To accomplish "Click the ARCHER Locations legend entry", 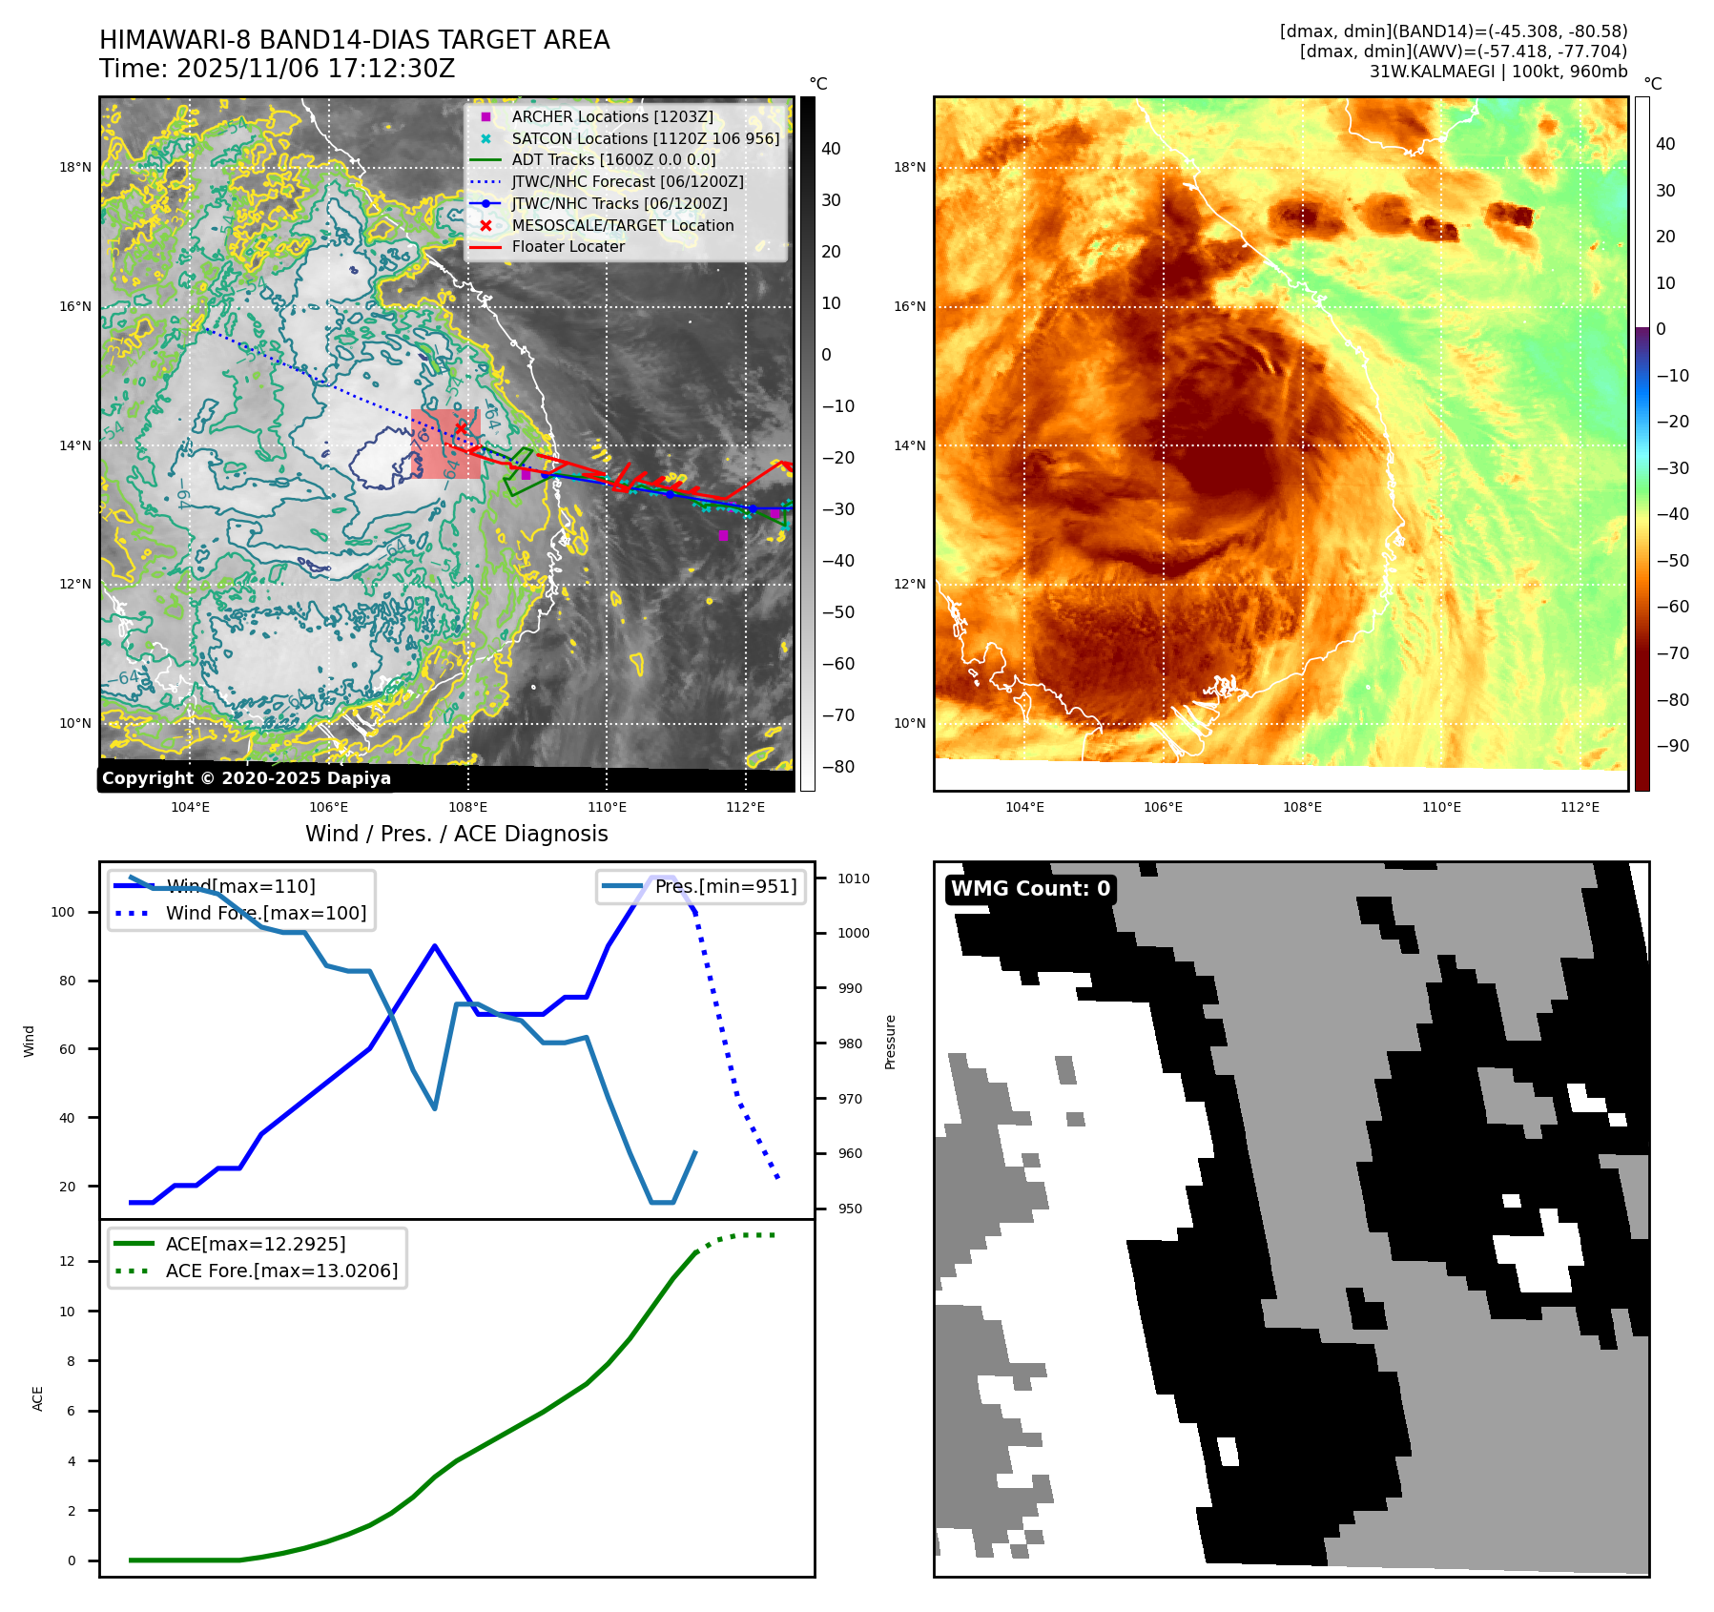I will tap(611, 116).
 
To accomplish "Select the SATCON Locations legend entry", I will tap(645, 138).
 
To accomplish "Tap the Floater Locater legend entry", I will tap(568, 246).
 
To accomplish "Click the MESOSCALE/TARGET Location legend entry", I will tap(622, 225).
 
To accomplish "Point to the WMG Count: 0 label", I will tap(1030, 889).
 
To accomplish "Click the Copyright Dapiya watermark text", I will tap(246, 778).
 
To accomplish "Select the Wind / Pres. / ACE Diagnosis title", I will tap(456, 834).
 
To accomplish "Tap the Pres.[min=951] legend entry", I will tap(725, 886).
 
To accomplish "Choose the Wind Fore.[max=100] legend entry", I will tap(265, 913).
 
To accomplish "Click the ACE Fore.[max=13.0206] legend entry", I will tap(281, 1271).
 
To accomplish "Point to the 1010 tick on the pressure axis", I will tap(854, 878).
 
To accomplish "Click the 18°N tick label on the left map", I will tap(75, 168).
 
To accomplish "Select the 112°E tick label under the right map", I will tap(1580, 807).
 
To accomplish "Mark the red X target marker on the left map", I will tap(461, 429).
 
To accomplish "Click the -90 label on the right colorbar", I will tap(1673, 746).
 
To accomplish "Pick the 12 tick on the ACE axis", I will tap(67, 1261).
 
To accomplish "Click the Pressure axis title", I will tap(890, 1042).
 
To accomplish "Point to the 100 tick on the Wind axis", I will tap(63, 912).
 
